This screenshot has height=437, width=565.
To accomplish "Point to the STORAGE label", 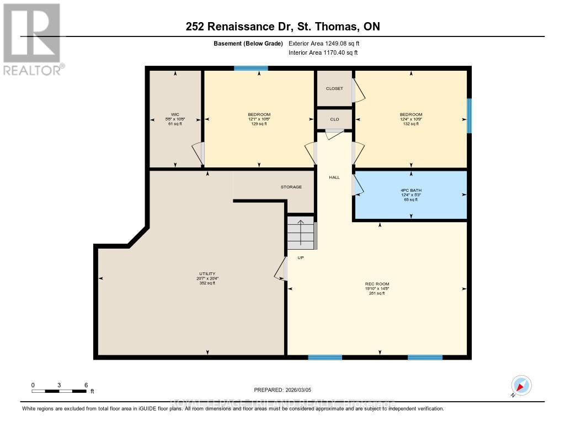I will coord(291,187).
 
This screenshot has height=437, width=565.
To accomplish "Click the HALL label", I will coord(334,177).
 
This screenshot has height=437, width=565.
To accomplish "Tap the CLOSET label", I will coord(334,88).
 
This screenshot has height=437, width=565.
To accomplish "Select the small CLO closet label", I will coord(334,119).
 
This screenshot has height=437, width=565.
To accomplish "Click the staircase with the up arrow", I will coord(301,233).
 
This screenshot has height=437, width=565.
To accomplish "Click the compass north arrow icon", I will coord(521,386).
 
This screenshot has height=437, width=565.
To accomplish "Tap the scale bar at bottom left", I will coord(59,391).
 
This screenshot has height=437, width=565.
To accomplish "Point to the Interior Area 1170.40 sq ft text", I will coord(323,53).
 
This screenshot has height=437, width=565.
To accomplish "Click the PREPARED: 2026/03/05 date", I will coord(282,390).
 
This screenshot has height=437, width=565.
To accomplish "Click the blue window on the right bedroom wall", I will coord(470,115).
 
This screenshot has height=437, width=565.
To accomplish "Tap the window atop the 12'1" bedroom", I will coord(251,68).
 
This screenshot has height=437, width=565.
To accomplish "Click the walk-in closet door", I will coord(198,153).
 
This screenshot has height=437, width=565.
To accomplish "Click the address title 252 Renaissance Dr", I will coord(282,27).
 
